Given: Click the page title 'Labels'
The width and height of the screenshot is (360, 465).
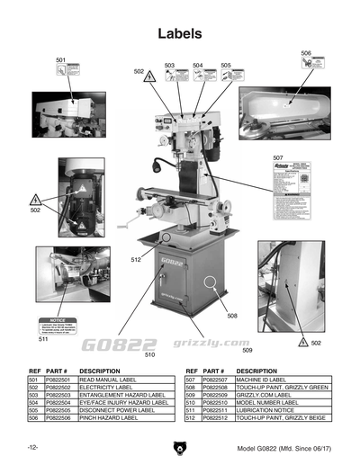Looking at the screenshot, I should tap(179, 33).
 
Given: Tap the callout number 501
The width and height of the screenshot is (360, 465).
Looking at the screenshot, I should tap(60, 60).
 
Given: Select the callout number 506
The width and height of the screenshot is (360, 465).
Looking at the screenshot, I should tap(306, 53).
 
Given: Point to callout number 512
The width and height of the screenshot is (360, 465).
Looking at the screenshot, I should tap(135, 260).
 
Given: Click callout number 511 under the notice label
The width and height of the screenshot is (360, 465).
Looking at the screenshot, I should tap(42, 340).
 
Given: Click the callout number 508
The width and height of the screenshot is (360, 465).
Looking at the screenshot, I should tap(231, 317).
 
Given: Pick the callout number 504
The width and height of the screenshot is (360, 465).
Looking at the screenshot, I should tap(197, 65).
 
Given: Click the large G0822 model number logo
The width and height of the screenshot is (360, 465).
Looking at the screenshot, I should tap(119, 344).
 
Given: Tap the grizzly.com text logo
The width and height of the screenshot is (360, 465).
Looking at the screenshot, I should tap(193, 343).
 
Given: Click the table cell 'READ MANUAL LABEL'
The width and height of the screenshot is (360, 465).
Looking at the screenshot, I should tap(108, 380).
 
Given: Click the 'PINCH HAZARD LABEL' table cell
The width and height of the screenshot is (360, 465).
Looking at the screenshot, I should tap(108, 418).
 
